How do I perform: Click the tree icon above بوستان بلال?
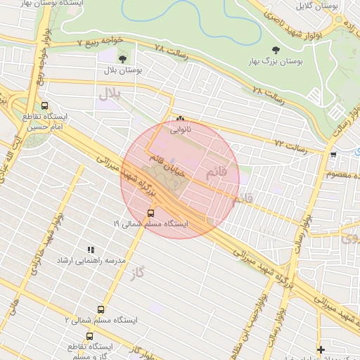point(124,60)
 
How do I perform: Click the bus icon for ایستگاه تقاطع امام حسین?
point(45,105)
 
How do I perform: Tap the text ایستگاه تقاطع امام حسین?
point(45,122)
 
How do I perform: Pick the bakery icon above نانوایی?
point(181,119)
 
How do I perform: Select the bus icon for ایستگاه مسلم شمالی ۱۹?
point(150,212)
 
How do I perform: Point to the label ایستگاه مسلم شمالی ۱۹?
point(150,224)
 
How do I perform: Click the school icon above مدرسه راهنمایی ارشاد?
point(90,250)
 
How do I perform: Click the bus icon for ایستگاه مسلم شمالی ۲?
point(101,309)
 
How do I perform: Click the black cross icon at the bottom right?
point(321,349)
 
